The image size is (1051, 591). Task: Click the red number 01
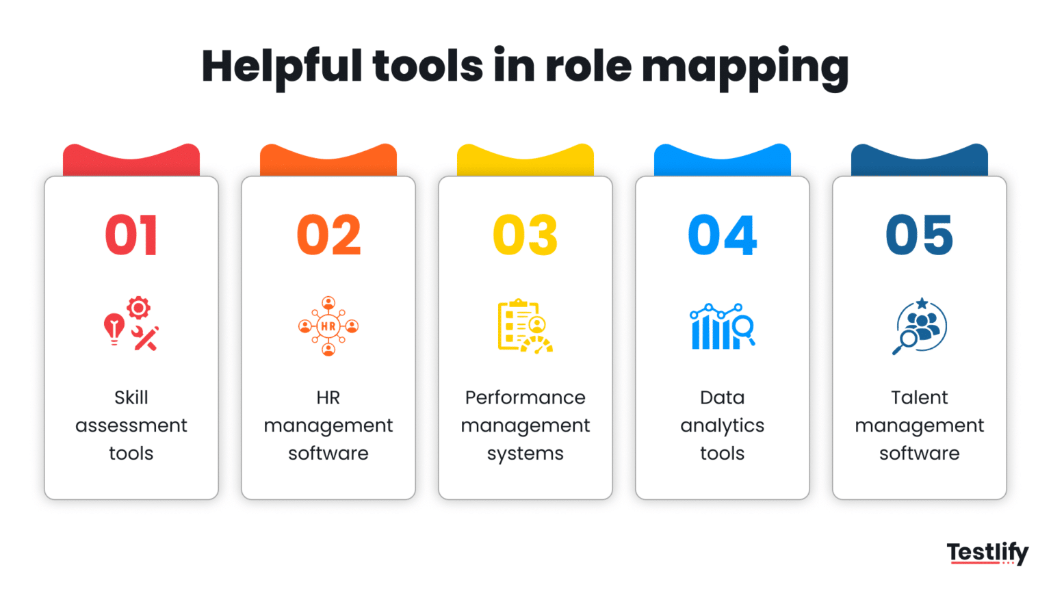coord(131,235)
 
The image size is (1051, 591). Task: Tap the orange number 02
coord(328,235)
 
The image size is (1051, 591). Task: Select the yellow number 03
coord(525,235)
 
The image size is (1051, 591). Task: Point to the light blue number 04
coord(722,235)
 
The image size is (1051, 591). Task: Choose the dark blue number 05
coord(919,235)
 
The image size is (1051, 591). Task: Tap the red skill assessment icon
coord(131,325)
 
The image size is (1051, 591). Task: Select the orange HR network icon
coord(328,326)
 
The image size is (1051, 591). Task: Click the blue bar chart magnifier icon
coord(722,326)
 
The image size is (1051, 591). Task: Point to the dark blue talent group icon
coord(920,326)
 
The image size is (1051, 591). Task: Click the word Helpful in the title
coord(281,67)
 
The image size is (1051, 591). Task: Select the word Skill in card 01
coord(131,397)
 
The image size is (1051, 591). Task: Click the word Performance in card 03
coord(525,397)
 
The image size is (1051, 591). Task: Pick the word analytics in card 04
coord(722,425)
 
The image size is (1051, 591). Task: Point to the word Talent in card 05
coord(919,397)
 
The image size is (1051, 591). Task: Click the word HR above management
coord(328,397)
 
